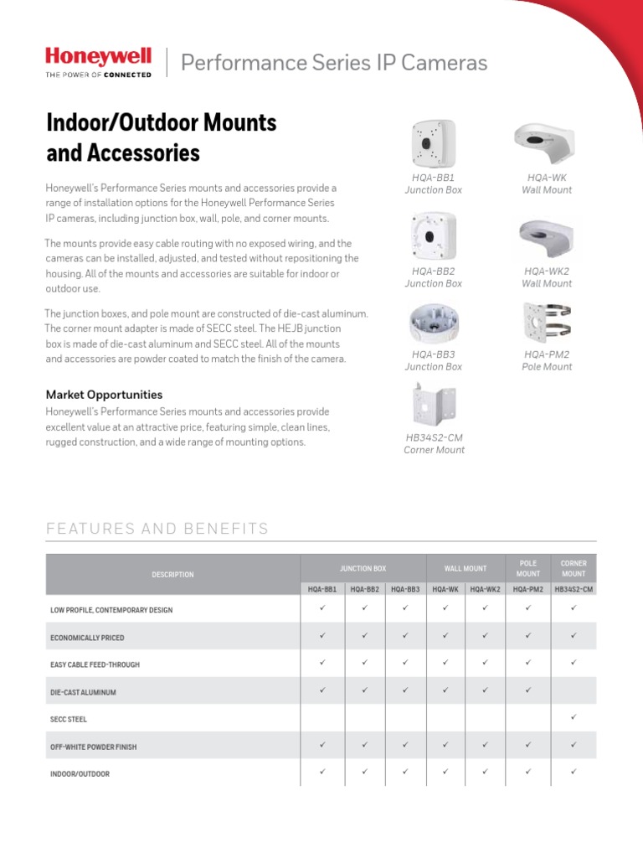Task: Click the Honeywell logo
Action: (98, 61)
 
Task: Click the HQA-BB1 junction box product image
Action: (433, 143)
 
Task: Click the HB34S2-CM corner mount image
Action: (434, 405)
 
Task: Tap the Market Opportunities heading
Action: (104, 394)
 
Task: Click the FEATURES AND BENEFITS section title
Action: (157, 529)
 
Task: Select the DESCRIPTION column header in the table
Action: (172, 575)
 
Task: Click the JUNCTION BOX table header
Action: (363, 568)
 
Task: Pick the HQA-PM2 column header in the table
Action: (527, 589)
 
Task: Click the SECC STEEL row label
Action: (69, 719)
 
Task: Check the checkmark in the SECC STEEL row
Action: (574, 717)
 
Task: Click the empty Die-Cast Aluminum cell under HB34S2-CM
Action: (574, 691)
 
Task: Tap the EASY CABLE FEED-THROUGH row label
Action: (95, 664)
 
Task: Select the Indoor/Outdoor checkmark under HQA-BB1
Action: (321, 772)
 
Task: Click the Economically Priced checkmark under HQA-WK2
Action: (485, 636)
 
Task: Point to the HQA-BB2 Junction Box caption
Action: (433, 277)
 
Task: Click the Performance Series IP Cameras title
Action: (334, 63)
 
